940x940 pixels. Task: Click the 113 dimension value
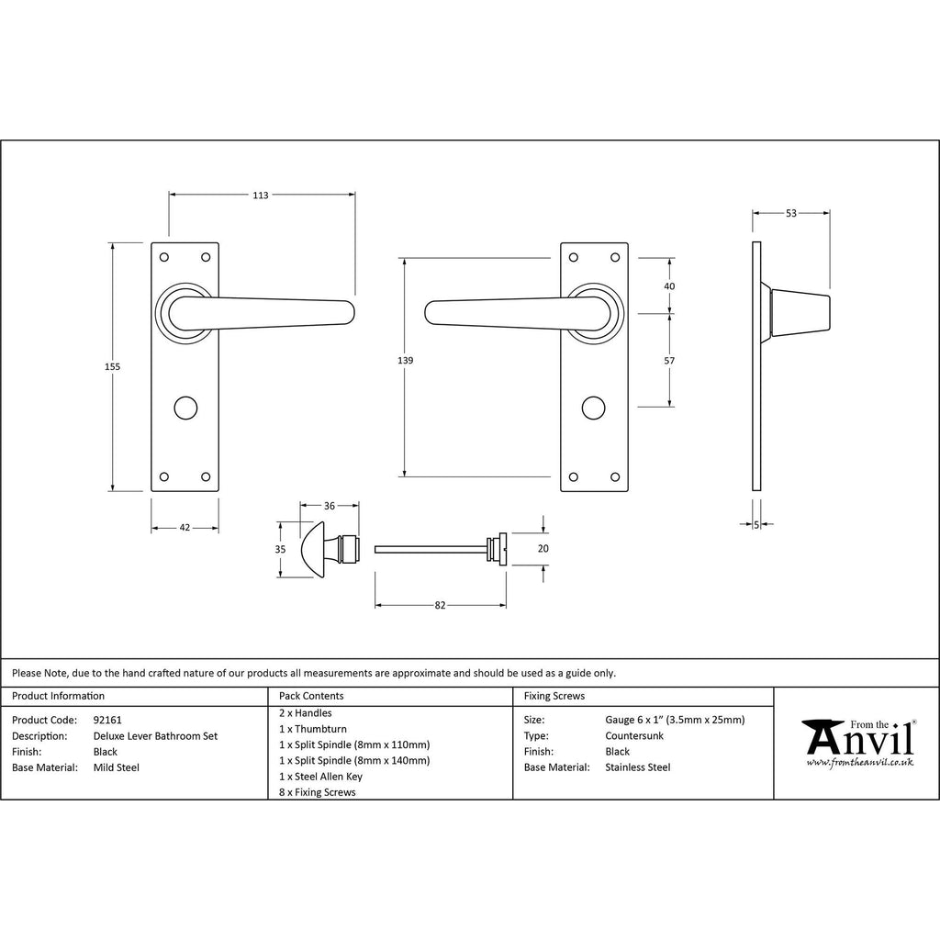tap(261, 195)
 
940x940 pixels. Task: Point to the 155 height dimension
tap(112, 366)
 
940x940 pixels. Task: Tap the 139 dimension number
tap(405, 361)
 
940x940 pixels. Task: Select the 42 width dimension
tap(185, 528)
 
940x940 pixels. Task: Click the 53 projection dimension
tap(791, 213)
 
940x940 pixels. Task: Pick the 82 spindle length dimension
tap(440, 605)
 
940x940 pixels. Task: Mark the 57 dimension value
tap(669, 361)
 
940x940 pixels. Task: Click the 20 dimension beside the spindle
tap(543, 548)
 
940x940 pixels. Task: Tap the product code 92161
tap(107, 720)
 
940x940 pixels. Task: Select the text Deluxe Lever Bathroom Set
tap(155, 735)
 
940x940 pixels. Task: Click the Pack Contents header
tap(311, 696)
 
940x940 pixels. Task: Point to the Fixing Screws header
tap(554, 696)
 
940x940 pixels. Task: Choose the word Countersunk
tap(634, 735)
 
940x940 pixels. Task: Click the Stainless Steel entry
tap(638, 767)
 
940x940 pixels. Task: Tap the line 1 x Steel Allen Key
tap(320, 776)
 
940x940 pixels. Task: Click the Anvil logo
tap(857, 739)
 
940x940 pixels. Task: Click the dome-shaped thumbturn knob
tap(315, 549)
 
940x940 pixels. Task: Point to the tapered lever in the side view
tap(799, 312)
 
